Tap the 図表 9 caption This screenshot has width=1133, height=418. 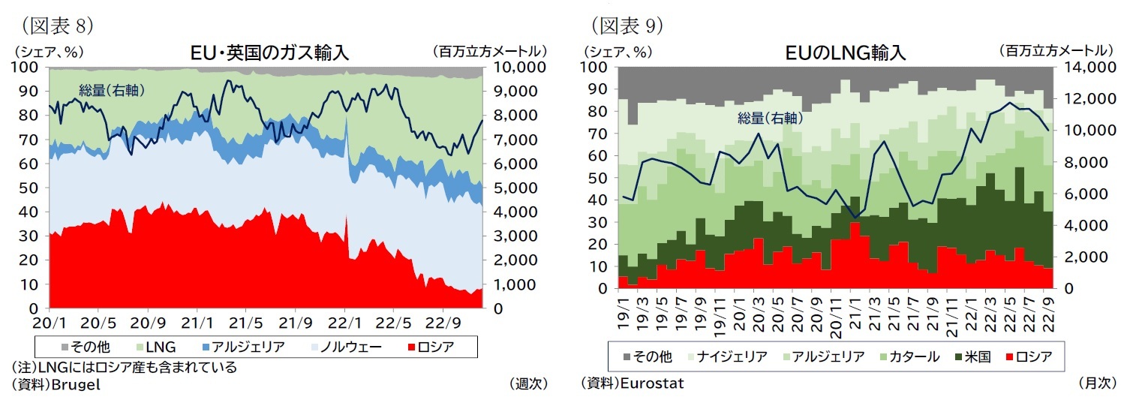click(627, 26)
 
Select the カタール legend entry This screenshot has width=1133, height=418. click(906, 356)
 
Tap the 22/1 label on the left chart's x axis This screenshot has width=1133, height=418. click(345, 323)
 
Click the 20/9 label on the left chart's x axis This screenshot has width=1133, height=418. click(148, 323)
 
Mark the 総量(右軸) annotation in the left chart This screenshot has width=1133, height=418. click(112, 91)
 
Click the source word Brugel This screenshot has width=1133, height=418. click(78, 383)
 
